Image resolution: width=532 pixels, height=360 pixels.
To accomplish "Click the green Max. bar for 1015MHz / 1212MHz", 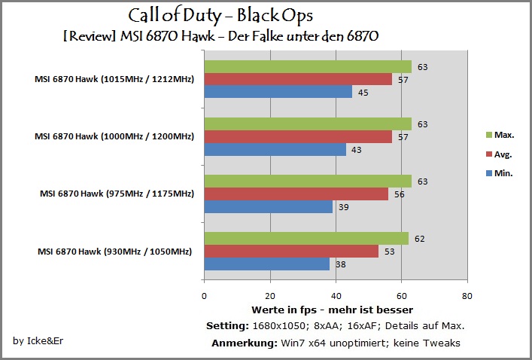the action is point(308,67).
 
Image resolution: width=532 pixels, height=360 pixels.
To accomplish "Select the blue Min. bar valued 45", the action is point(278,92).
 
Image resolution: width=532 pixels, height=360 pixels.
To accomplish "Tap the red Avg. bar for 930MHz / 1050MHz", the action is point(291,252).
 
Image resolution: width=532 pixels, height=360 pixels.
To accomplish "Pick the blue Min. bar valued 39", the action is point(269,206).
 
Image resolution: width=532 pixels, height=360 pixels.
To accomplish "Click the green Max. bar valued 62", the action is point(306,239).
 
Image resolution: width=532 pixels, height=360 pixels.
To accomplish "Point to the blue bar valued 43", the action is point(275,149).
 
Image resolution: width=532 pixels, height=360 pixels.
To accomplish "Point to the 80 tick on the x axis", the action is point(467,296).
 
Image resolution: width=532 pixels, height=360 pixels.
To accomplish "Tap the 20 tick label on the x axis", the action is point(270,296).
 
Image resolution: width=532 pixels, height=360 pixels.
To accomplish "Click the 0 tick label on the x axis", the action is point(204,296).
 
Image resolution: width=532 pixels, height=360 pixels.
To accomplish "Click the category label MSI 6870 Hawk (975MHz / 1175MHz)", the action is point(117,194).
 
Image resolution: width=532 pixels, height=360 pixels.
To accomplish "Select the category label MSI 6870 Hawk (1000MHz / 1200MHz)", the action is point(114,136).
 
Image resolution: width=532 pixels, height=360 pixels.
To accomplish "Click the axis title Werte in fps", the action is point(284,310).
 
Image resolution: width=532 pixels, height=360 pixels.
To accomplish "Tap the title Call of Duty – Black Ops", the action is point(220,16).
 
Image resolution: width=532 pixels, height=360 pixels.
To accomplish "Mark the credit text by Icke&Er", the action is point(38,340).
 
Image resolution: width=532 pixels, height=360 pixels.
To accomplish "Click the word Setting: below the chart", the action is point(228,326).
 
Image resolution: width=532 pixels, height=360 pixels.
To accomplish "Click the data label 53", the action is point(390,252).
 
